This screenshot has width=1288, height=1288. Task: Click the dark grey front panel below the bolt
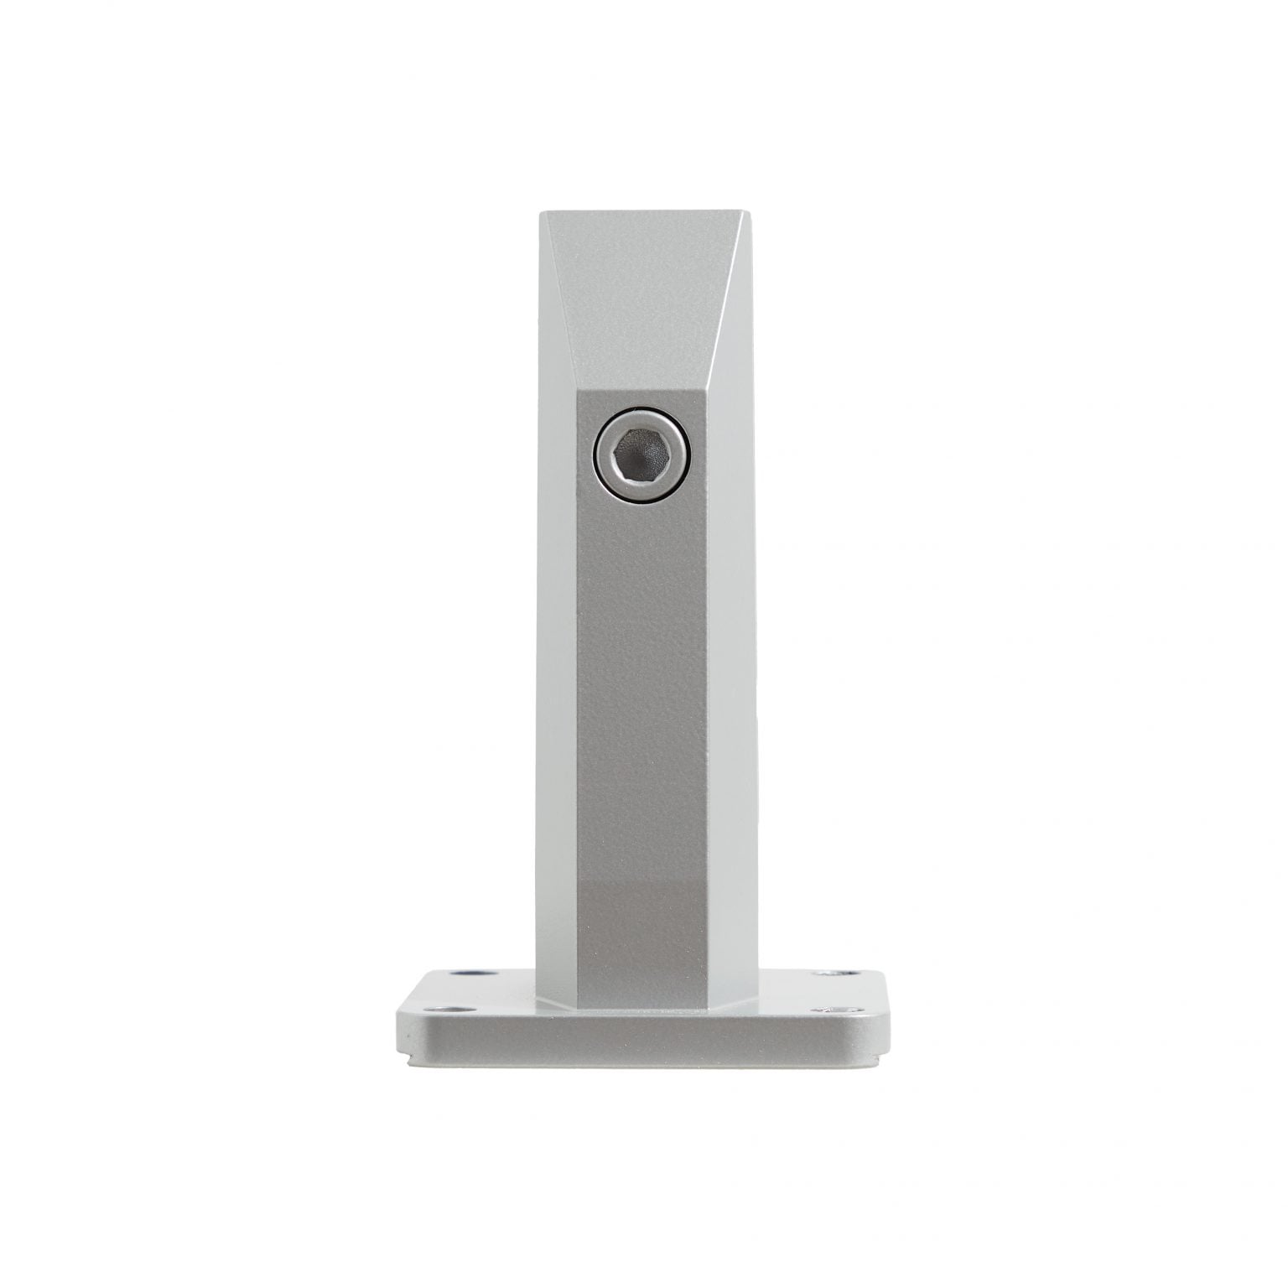[641, 713]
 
